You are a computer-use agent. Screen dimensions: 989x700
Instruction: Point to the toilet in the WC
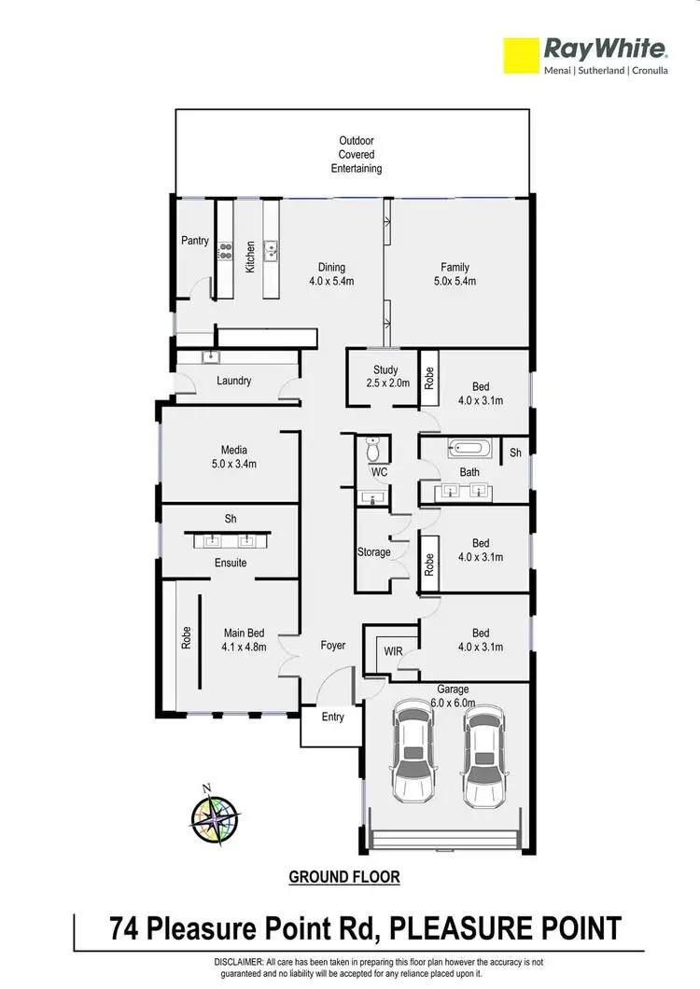373,451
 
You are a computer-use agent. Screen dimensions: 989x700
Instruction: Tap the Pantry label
195,241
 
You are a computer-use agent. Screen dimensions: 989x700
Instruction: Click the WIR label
393,650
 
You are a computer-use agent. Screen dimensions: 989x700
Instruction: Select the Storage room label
374,552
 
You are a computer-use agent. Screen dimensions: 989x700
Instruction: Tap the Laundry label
233,381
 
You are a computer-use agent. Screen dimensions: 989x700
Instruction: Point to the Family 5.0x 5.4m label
456,274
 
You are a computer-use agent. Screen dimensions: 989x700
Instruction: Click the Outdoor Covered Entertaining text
356,155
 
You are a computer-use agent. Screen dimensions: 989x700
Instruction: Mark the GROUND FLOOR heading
344,877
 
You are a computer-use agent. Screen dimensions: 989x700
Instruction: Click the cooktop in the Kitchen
225,249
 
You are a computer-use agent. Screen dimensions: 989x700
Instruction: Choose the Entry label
332,717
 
